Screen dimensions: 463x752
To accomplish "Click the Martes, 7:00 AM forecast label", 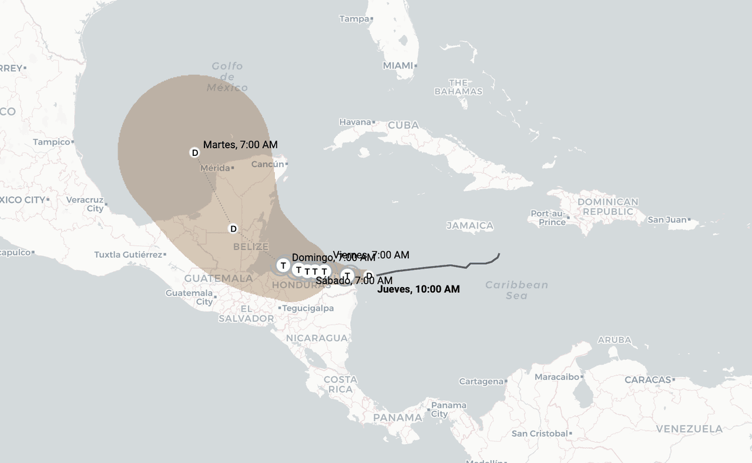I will pyautogui.click(x=240, y=145).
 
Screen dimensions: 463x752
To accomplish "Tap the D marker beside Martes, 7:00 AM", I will pyautogui.click(x=194, y=153).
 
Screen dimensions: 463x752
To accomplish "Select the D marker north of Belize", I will pyautogui.click(x=233, y=229).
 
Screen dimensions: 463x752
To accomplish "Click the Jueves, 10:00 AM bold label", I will pyautogui.click(x=418, y=289).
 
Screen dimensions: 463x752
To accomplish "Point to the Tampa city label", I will pyautogui.click(x=354, y=19).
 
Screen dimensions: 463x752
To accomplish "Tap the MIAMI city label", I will pyautogui.click(x=398, y=66).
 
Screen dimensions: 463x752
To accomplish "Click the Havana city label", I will pyautogui.click(x=355, y=122).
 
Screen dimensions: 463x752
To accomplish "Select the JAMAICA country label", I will pyautogui.click(x=469, y=225).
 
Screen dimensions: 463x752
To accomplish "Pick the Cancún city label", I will pyautogui.click(x=267, y=164).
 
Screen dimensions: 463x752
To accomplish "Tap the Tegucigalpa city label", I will pyautogui.click(x=308, y=308).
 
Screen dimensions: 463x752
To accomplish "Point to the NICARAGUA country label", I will pyautogui.click(x=317, y=338).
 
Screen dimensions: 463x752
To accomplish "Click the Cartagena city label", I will pyautogui.click(x=481, y=381).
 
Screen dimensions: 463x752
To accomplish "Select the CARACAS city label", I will pyautogui.click(x=647, y=380).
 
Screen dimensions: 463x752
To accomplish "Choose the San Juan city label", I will pyautogui.click(x=667, y=220).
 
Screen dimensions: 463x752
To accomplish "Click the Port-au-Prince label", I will pyautogui.click(x=548, y=218).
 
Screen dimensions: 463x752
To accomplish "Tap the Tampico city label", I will pyautogui.click(x=51, y=142).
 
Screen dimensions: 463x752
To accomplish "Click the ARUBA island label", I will pyautogui.click(x=614, y=340).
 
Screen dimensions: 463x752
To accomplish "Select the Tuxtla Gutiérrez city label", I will pyautogui.click(x=127, y=255).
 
